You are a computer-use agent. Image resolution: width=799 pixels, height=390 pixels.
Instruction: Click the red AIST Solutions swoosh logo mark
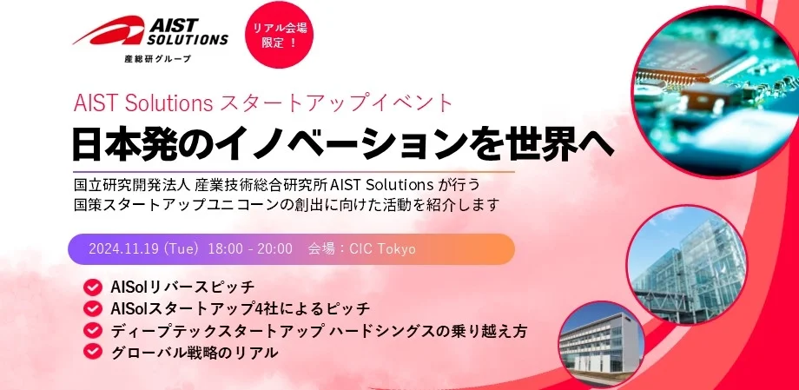click(109, 30)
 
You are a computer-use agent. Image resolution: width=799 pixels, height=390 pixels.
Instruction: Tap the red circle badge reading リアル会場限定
click(280, 35)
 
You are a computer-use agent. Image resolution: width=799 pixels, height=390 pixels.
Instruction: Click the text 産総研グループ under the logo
click(158, 58)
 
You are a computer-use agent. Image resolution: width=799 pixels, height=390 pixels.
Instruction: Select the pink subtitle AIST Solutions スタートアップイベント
click(263, 103)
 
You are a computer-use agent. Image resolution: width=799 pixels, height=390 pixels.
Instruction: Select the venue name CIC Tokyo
click(382, 248)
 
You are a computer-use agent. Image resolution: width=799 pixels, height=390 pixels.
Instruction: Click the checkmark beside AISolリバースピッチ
click(93, 287)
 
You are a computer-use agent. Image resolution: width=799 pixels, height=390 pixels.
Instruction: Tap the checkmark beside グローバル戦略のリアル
click(93, 352)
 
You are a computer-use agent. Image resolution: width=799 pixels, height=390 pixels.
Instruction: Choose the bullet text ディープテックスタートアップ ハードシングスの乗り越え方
click(319, 331)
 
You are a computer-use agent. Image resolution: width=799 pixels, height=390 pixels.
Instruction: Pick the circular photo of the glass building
click(688, 265)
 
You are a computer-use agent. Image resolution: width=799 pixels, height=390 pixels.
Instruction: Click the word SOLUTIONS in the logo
click(188, 39)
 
